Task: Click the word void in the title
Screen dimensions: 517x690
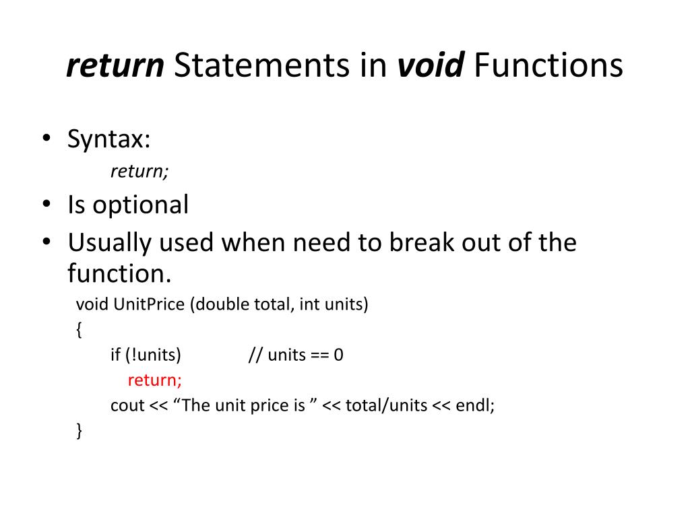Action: click(x=431, y=66)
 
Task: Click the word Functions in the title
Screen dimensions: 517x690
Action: click(x=548, y=66)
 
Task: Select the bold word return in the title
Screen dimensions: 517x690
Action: click(x=115, y=66)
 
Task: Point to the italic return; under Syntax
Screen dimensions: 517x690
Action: click(x=139, y=172)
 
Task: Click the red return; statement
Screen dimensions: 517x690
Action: click(x=155, y=380)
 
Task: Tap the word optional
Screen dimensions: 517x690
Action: click(x=141, y=205)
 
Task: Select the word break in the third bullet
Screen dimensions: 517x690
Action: click(x=421, y=242)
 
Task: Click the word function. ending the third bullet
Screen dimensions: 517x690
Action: click(x=120, y=273)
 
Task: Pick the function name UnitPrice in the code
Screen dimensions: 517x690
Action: click(x=149, y=304)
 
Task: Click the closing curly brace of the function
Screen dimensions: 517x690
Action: click(x=80, y=431)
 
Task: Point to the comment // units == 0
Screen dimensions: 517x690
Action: click(x=296, y=355)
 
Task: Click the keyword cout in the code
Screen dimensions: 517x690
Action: click(x=127, y=405)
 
